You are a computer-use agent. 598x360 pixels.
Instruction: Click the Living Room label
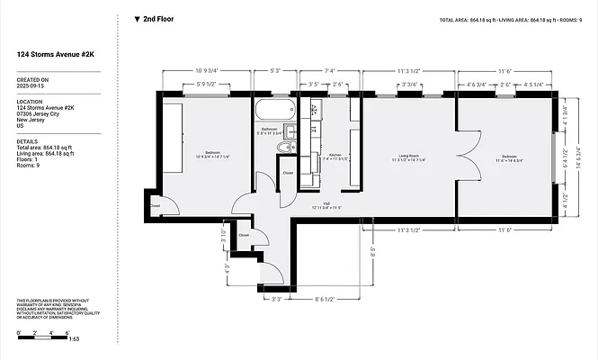tap(408, 157)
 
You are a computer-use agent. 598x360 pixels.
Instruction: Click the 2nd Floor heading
tap(158, 18)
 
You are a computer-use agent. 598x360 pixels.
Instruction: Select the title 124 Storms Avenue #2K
tap(54, 54)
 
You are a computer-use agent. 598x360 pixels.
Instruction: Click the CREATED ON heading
tap(32, 79)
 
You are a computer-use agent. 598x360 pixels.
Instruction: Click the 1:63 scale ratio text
tap(74, 339)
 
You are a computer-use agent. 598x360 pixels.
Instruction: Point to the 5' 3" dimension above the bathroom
tap(263, 70)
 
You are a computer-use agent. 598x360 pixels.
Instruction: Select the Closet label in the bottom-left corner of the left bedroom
tap(156, 206)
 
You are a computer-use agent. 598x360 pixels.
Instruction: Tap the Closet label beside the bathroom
tap(288, 173)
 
